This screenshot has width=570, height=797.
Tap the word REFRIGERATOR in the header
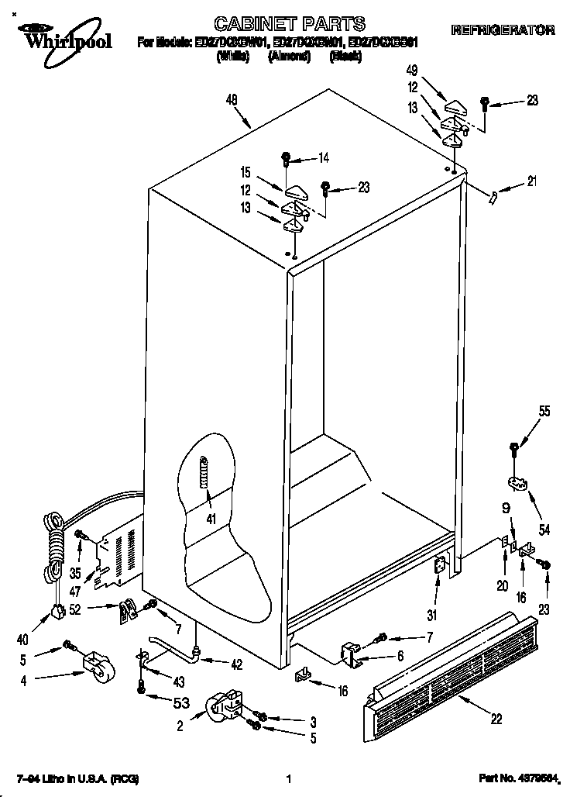(503, 30)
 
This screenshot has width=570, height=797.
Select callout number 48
(232, 99)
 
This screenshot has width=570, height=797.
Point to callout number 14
(323, 159)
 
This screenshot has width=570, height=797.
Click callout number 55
(544, 412)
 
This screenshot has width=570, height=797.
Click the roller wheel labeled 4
(97, 668)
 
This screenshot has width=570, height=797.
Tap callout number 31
(432, 616)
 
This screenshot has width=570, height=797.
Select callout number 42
(237, 663)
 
